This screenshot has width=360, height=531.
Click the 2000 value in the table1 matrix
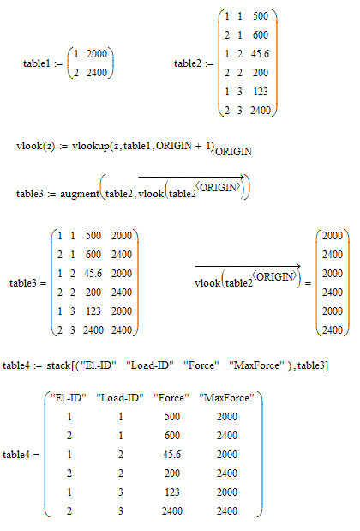[x=96, y=54]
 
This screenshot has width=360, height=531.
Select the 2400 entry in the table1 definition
[x=96, y=72]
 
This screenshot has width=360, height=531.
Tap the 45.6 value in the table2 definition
[x=260, y=54]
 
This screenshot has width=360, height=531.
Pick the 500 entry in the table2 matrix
[x=261, y=16]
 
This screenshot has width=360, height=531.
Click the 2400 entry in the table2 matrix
[x=261, y=111]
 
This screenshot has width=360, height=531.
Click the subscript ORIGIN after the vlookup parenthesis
[x=233, y=151]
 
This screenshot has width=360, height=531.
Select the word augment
[x=80, y=194]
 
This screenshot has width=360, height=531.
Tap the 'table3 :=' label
[x=36, y=194]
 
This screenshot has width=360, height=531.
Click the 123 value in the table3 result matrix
[x=93, y=311]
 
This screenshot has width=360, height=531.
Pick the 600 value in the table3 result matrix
[x=93, y=255]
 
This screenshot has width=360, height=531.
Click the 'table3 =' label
[x=27, y=283]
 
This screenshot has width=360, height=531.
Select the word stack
[x=58, y=365]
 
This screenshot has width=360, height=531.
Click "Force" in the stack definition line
[x=201, y=365]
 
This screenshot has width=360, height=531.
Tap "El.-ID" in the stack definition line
[x=99, y=365]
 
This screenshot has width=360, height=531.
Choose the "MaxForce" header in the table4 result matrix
[x=226, y=397]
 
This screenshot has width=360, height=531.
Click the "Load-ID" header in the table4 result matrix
[x=120, y=397]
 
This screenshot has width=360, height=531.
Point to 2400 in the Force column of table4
[x=172, y=511]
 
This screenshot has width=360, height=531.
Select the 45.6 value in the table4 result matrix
[x=171, y=455]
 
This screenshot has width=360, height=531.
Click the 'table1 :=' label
[x=43, y=63]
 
